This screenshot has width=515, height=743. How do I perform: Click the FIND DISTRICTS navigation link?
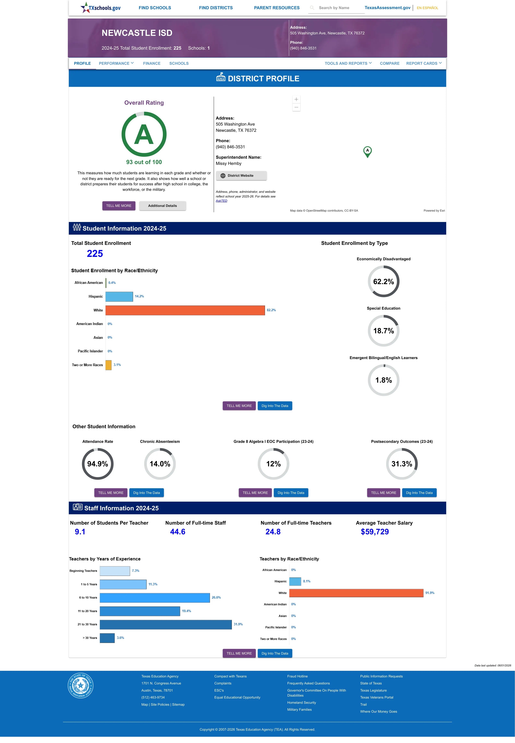tap(216, 8)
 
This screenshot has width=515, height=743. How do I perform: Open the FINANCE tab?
tap(152, 63)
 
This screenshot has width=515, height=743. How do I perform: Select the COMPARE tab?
tap(390, 63)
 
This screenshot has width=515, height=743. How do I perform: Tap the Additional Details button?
tap(162, 206)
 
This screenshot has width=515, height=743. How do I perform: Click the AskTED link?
tap(221, 201)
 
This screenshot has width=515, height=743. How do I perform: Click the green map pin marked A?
tap(367, 151)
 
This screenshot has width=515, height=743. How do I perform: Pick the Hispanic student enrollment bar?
tap(119, 296)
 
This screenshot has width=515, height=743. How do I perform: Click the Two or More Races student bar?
tap(108, 365)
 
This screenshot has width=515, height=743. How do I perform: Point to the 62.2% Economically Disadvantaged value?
tap(383, 282)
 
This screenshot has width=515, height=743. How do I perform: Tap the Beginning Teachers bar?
tap(115, 571)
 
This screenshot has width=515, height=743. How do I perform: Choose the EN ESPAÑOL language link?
tap(427, 8)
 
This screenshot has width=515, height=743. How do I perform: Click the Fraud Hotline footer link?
tap(297, 676)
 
